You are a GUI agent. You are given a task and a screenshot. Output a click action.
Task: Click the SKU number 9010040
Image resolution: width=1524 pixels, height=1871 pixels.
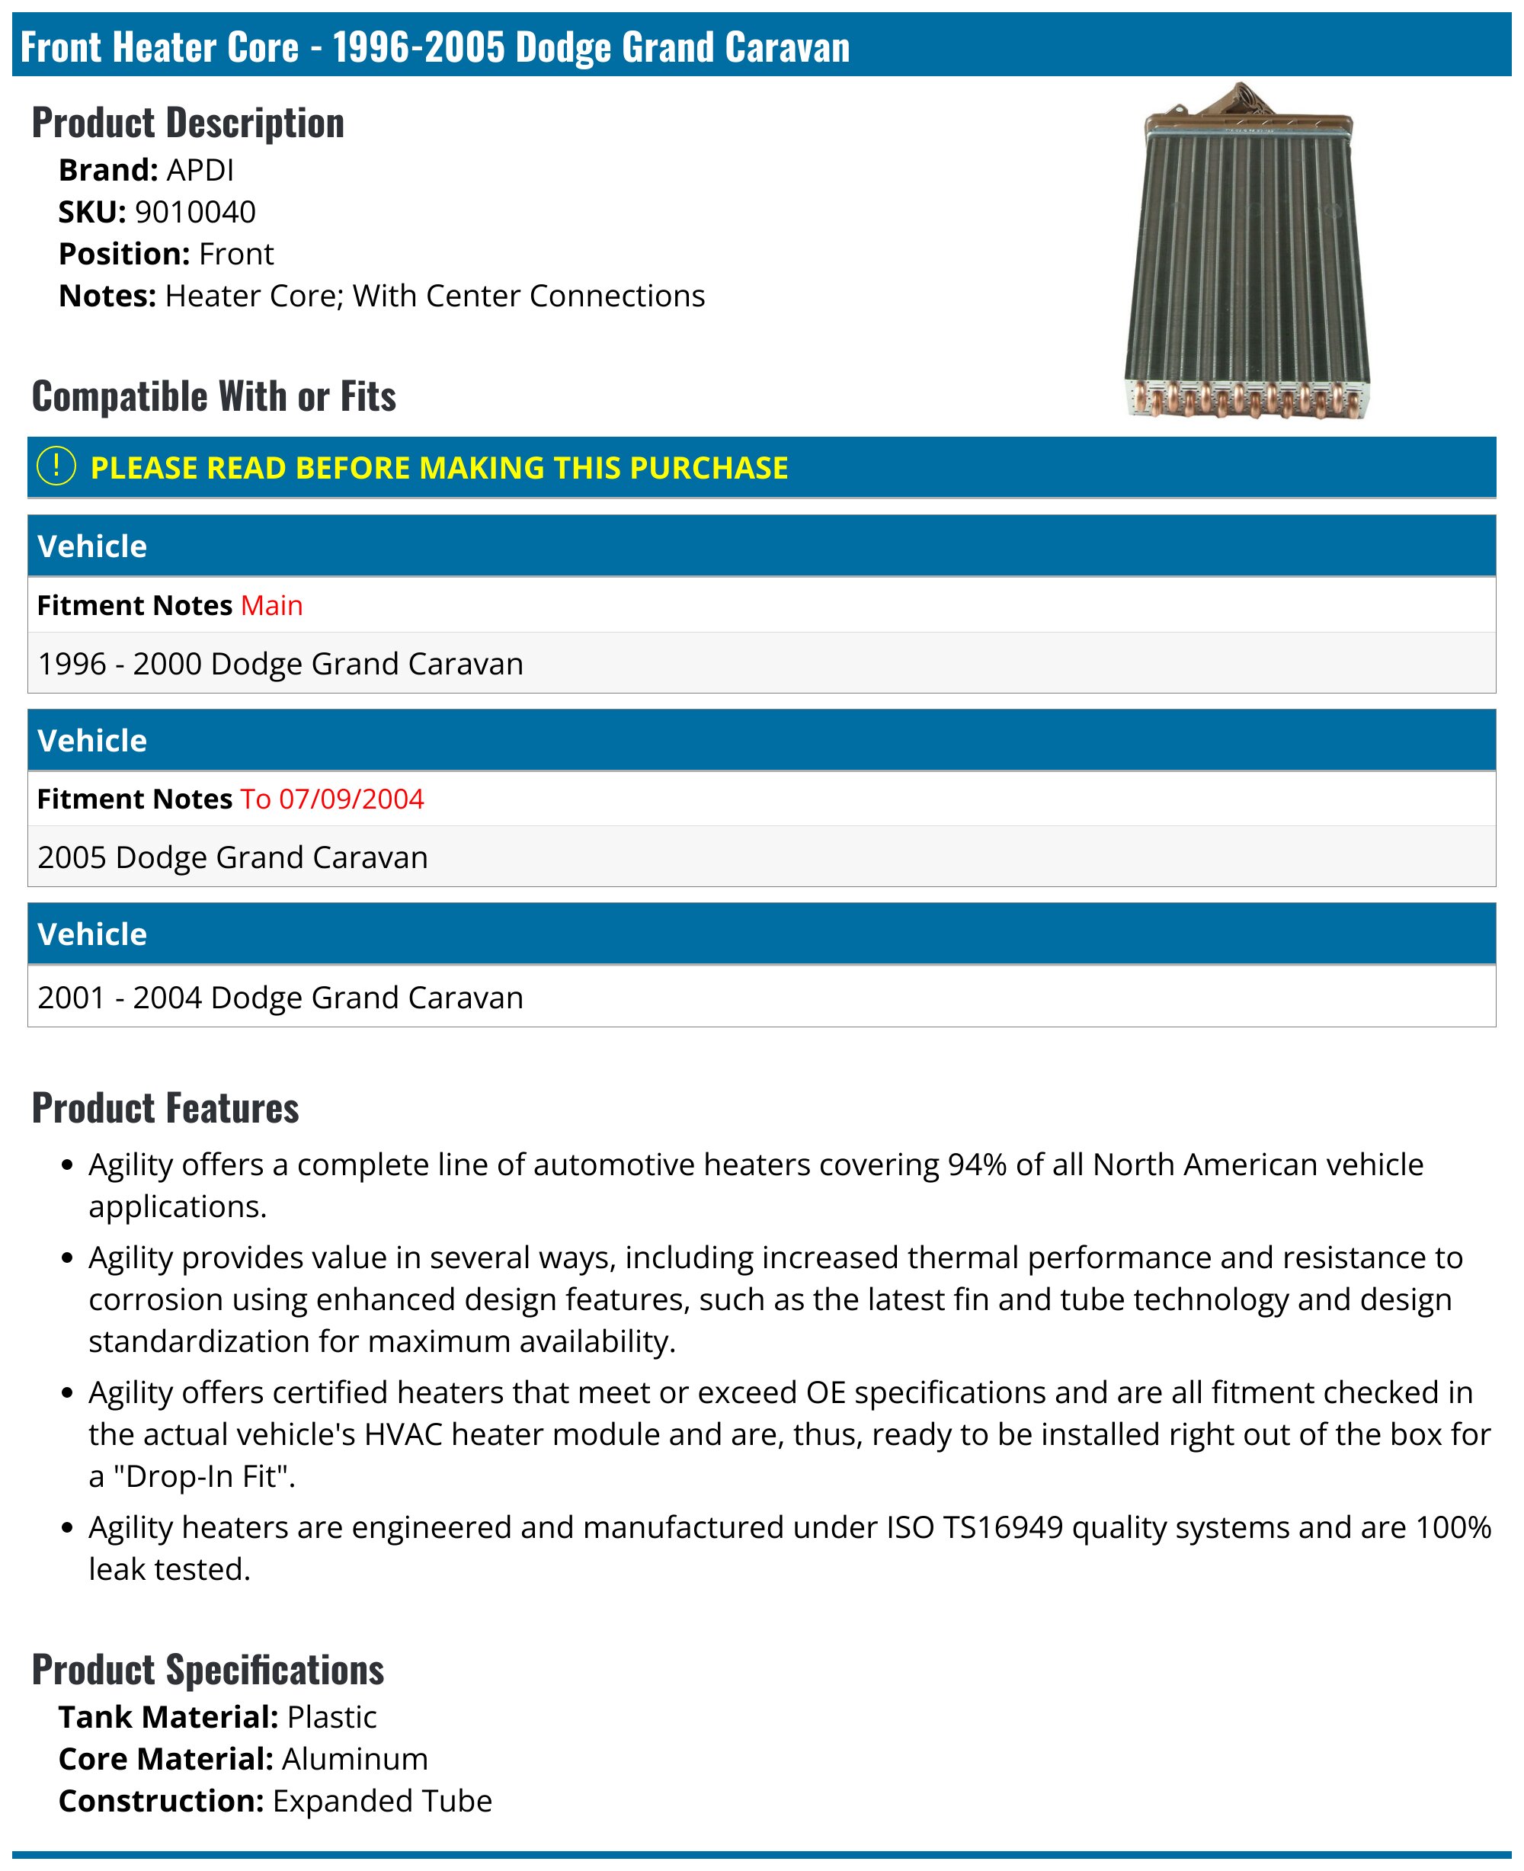coord(195,212)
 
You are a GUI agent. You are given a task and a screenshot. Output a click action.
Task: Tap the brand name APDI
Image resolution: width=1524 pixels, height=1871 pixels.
coord(200,169)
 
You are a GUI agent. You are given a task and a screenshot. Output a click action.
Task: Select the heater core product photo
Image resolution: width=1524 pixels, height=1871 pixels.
coord(1247,255)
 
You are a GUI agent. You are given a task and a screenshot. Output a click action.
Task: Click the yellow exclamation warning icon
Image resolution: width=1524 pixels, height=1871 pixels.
coord(57,466)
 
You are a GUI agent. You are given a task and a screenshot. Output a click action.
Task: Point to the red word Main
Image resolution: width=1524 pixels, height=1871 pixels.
coord(271,605)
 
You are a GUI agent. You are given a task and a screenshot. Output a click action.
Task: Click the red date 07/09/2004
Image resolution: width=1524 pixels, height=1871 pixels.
coord(351,798)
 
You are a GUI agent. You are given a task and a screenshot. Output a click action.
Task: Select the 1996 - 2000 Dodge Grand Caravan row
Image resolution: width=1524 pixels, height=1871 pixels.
coord(280,664)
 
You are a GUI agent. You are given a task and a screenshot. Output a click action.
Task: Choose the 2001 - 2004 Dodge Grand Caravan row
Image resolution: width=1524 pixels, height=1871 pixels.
coord(280,998)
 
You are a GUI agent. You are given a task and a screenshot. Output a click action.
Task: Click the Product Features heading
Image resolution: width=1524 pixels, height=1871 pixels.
coord(165,1108)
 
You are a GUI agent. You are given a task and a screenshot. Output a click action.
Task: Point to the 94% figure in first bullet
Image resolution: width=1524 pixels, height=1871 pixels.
coord(976,1165)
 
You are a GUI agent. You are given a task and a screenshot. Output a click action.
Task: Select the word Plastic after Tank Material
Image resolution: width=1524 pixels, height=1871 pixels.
coord(331,1716)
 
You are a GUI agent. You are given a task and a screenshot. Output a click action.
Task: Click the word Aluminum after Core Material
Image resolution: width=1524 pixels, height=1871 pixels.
coord(354,1759)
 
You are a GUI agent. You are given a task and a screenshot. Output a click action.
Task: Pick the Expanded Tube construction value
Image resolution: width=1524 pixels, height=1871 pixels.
coord(382,1801)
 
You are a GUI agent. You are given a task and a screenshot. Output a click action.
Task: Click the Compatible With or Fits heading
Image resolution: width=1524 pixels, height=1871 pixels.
coord(213,396)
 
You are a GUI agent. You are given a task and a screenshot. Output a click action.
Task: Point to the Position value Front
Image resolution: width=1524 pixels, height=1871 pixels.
coord(236,254)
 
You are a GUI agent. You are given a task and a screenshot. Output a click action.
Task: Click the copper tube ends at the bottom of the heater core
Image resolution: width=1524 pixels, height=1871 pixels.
coord(1247,399)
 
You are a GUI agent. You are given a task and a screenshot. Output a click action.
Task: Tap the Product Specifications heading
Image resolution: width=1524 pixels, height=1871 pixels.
coord(208,1670)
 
